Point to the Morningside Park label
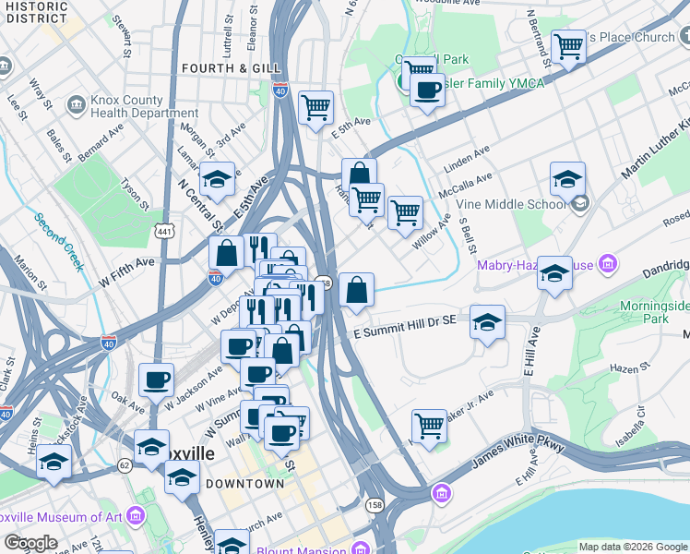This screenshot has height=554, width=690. point(655,311)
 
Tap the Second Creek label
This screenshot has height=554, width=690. point(59,242)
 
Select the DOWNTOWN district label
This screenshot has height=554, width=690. point(244,484)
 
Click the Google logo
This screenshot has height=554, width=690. point(30,543)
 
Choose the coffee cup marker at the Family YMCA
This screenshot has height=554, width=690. point(427,90)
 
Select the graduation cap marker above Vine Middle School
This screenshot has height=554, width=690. point(567,178)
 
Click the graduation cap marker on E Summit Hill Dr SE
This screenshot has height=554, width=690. point(487,322)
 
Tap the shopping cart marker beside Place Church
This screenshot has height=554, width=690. point(568,46)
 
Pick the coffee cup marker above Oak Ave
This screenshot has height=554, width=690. point(156,379)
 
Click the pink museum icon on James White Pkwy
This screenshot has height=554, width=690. point(442,494)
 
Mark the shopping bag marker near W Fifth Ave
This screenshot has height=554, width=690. point(226,253)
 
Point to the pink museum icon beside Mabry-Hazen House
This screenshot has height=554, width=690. point(607,266)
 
